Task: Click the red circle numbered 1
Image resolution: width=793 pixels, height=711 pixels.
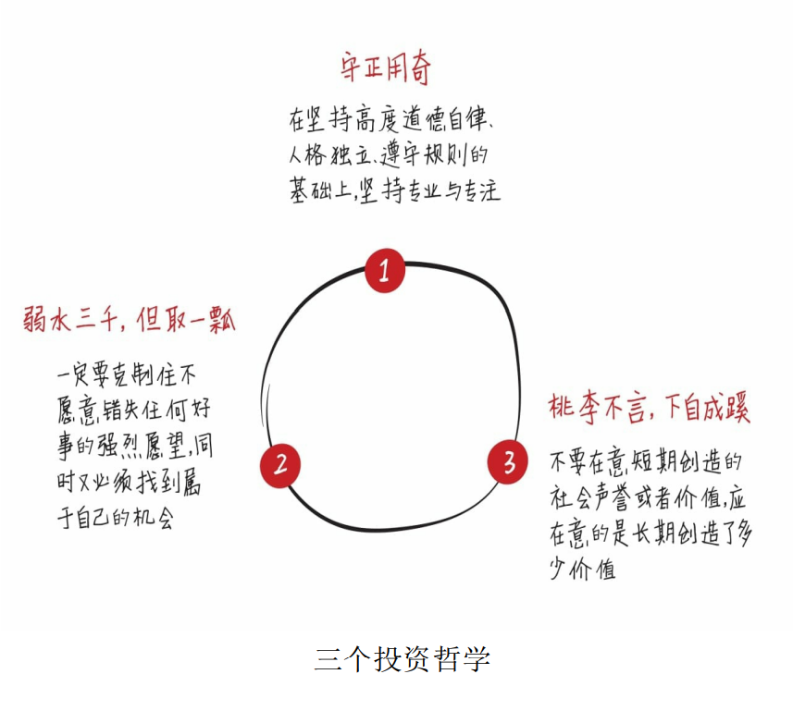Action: coord(384,271)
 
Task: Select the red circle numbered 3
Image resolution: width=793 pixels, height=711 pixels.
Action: coord(508,462)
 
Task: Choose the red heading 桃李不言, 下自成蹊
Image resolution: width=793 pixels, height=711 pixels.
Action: coord(648,409)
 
